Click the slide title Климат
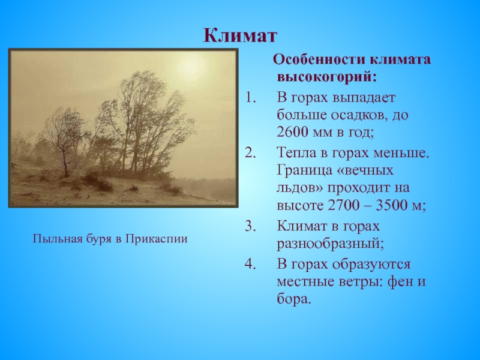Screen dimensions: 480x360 [240, 35]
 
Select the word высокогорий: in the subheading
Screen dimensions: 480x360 [326, 77]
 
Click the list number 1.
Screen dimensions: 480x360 [250, 98]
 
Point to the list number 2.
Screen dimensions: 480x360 [250, 153]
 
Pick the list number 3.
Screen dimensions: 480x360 [250, 226]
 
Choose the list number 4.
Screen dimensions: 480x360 [250, 264]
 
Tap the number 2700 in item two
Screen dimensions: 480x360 [343, 205]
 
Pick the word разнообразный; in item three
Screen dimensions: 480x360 [331, 244]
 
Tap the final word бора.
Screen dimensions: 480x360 [294, 298]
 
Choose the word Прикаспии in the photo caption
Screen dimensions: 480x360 [157, 239]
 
